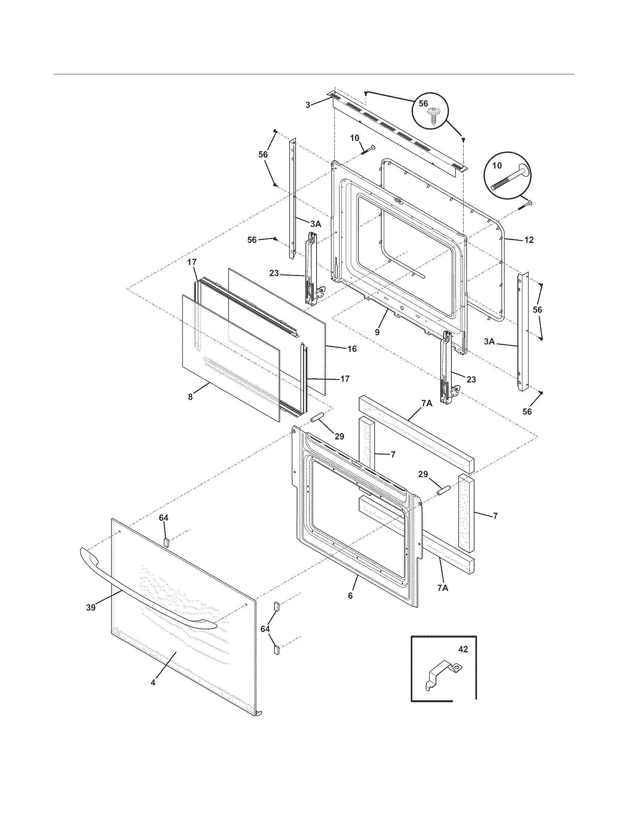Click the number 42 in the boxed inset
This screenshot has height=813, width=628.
tap(463, 649)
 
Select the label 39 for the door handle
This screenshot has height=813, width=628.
tap(91, 608)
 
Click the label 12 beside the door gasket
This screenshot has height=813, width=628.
tap(529, 240)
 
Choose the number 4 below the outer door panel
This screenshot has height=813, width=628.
tap(153, 682)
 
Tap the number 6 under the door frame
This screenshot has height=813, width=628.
tap(350, 596)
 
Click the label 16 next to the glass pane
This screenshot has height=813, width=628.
tap(352, 349)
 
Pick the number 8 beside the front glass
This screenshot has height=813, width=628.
tap(190, 397)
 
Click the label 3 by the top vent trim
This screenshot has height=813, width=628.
tap(308, 105)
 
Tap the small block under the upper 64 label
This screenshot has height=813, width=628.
tap(167, 541)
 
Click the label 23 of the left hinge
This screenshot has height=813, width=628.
tap(274, 273)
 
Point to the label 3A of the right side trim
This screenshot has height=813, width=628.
tap(489, 341)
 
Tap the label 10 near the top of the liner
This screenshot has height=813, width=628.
tap(355, 138)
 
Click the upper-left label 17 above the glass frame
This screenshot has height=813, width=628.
tap(192, 262)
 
